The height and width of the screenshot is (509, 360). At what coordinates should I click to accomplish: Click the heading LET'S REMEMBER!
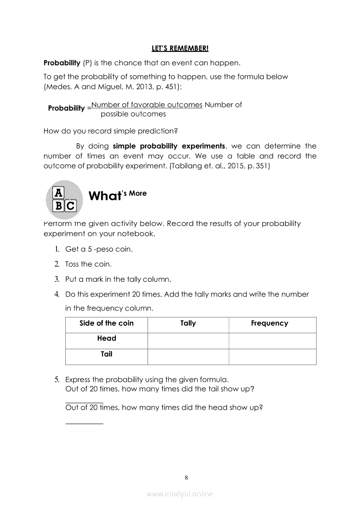[180, 47]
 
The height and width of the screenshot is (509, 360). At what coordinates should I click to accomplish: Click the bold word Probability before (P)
[62, 63]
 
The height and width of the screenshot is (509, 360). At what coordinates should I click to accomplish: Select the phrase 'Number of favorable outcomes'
[147, 104]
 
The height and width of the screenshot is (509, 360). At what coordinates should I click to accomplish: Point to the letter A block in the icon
[58, 193]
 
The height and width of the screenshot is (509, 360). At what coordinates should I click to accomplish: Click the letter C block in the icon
[71, 205]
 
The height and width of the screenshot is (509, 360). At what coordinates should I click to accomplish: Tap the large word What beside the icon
[104, 196]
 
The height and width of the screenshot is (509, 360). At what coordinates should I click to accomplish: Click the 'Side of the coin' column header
[106, 323]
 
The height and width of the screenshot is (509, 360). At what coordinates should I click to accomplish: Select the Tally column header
[188, 323]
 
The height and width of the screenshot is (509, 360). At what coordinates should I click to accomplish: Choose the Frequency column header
[269, 323]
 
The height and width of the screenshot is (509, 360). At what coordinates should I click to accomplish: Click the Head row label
[107, 338]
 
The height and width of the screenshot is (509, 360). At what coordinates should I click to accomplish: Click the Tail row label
[107, 354]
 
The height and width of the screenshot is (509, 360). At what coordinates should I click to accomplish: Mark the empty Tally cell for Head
[188, 341]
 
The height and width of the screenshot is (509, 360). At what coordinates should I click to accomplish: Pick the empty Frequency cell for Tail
[272, 357]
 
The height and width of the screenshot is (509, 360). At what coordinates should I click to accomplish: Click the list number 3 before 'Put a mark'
[57, 279]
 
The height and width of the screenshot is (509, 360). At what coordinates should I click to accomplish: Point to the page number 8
[186, 478]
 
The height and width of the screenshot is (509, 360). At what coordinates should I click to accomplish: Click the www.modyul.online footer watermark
[180, 494]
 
